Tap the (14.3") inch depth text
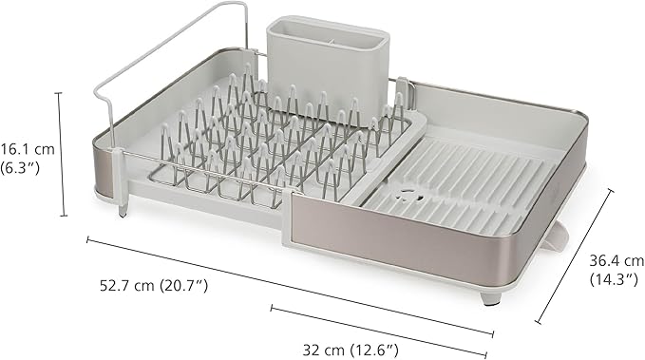[x=610, y=279]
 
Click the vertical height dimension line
[x=63, y=156]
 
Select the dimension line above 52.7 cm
[x=285, y=283]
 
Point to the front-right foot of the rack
[x=490, y=296]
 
